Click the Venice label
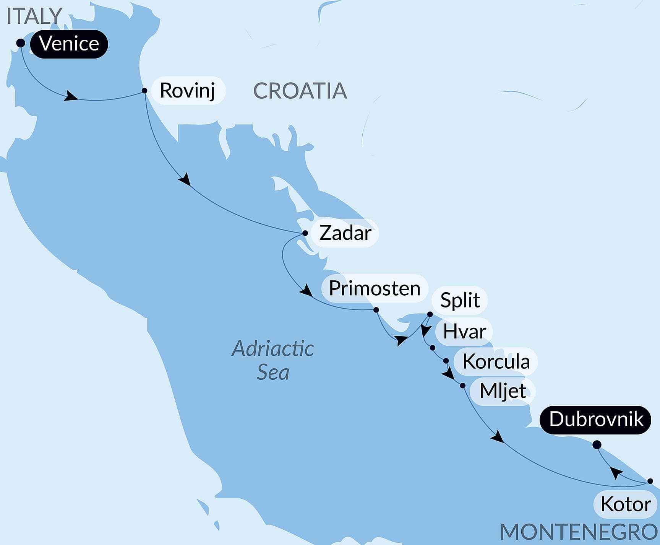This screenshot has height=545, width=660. tap(69, 44)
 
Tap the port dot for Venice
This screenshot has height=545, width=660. tap(21, 43)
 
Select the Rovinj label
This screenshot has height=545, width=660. tap(188, 91)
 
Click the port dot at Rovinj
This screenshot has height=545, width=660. tap(144, 91)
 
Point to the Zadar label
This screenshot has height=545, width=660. tap(345, 233)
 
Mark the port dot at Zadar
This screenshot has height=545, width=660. tap(305, 233)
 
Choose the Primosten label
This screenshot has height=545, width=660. tap(374, 288)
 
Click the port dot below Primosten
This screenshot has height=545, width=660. tap(376, 310)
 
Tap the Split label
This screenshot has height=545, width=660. tap(460, 300)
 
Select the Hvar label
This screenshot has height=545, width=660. tap(464, 331)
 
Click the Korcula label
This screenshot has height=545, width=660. tap(496, 361)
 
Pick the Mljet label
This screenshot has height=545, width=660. tap(503, 391)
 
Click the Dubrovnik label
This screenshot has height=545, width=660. tap(596, 420)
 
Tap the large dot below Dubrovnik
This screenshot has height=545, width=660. tap(597, 445)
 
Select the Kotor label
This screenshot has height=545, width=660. tap(625, 504)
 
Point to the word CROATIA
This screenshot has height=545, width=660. tap(300, 91)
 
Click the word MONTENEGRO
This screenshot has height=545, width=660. tap(579, 532)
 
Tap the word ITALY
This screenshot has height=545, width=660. tap(34, 16)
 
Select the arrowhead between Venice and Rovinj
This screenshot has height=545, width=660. tap(70, 96)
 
